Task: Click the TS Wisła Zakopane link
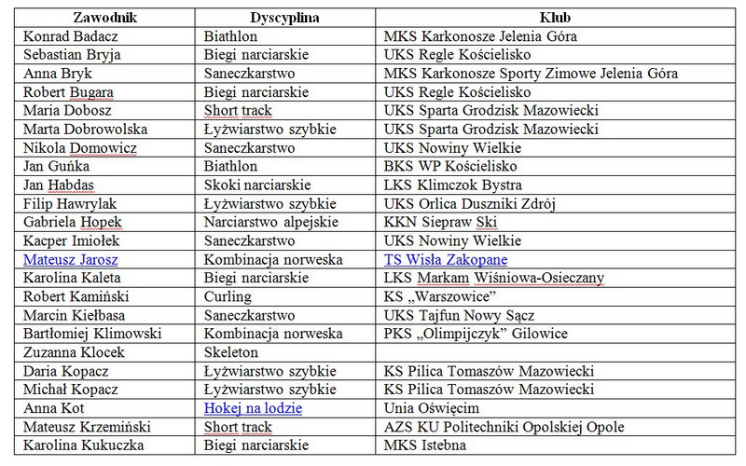445,259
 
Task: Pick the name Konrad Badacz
72,36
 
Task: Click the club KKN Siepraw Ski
440,222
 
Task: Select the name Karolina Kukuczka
84,445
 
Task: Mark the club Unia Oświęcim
432,408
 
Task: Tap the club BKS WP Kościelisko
452,166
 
